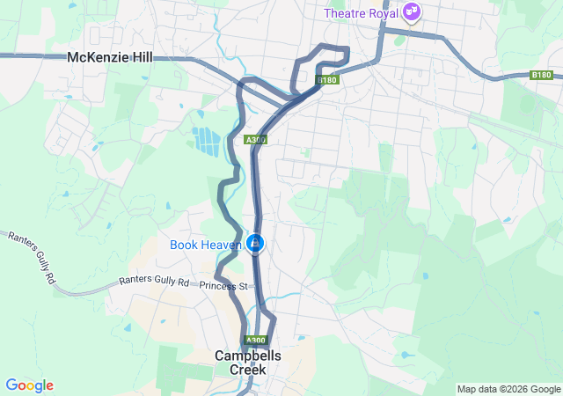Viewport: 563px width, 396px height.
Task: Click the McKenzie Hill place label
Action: pos(110,57)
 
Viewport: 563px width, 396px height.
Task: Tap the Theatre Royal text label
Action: pos(361,12)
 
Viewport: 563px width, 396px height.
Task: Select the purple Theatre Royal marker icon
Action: pos(411,12)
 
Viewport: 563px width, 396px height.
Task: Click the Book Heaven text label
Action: pos(206,243)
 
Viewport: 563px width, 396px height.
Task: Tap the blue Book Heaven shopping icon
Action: pos(255,242)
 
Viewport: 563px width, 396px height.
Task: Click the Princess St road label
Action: pos(224,286)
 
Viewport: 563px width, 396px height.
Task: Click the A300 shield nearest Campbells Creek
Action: pos(255,341)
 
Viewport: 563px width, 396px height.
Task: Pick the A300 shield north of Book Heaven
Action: pos(255,139)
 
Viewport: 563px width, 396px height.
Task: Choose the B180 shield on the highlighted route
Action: pos(327,80)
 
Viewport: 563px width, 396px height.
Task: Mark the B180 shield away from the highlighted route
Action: pos(541,76)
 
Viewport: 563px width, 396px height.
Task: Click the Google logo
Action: pos(29,385)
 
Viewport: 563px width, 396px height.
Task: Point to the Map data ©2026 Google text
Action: pos(508,389)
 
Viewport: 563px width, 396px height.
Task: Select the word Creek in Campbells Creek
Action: pos(248,370)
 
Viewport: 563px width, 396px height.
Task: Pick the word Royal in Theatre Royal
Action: pos(383,12)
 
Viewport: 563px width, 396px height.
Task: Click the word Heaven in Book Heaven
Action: pos(222,243)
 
